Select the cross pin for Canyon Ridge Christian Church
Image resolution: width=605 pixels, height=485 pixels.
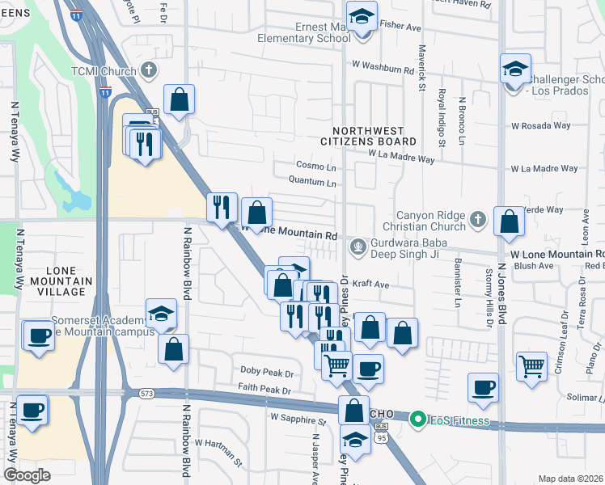tap(478, 218)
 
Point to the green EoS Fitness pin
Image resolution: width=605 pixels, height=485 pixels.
tap(417, 419)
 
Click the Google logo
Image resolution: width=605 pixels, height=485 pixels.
tap(27, 475)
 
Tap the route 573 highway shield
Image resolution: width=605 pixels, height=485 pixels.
tap(146, 394)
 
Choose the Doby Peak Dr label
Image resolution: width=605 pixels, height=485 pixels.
tap(266, 371)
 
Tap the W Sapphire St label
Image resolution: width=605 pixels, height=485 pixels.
tap(298, 420)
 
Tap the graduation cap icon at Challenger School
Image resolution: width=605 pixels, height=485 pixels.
tap(514, 69)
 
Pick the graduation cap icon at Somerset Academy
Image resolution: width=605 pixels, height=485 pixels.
tap(162, 314)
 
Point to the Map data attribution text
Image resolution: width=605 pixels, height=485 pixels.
tap(571, 479)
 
